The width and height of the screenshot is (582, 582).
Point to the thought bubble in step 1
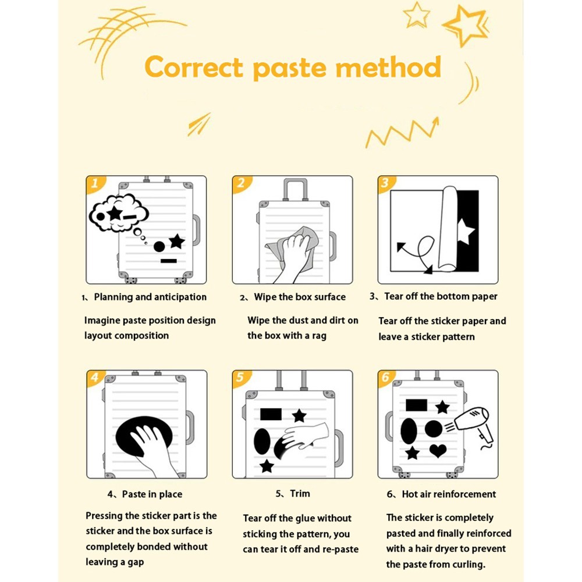click(118, 214)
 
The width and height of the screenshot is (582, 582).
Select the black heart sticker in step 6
click(438, 450)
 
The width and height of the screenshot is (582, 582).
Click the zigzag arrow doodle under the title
click(402, 133)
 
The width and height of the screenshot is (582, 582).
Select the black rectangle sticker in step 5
click(271, 414)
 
